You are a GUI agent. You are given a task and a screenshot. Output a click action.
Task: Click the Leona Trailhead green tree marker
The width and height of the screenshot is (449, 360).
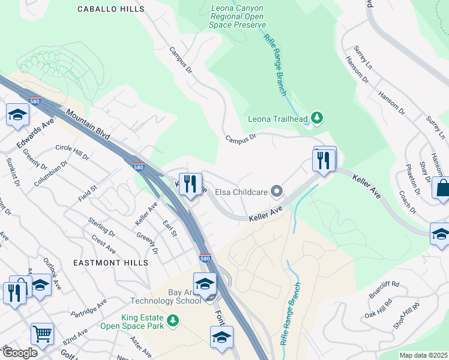point(317,118)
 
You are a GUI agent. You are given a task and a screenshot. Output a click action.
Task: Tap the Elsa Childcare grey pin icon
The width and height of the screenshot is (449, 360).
point(277,192)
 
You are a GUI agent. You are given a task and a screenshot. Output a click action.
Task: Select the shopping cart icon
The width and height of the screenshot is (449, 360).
point(42,333)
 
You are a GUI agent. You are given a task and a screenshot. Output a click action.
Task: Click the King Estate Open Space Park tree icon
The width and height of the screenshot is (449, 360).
point(173,322)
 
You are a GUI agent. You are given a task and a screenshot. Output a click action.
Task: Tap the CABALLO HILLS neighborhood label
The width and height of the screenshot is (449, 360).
point(110,9)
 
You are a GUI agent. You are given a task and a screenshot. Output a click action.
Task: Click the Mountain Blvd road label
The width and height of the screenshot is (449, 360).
point(88,125)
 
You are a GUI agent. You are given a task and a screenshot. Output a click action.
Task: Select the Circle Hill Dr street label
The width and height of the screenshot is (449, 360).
point(71,152)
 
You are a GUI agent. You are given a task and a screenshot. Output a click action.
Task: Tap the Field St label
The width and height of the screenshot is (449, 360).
point(87,193)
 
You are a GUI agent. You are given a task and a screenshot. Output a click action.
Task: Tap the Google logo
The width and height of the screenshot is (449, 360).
point(20,352)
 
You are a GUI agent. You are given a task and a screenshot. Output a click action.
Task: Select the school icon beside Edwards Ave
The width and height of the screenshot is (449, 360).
point(17,114)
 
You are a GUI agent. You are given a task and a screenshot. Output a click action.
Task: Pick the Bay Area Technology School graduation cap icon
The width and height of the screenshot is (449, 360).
point(205,283)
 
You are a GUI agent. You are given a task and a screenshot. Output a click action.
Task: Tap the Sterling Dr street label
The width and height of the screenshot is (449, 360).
point(102,227)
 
